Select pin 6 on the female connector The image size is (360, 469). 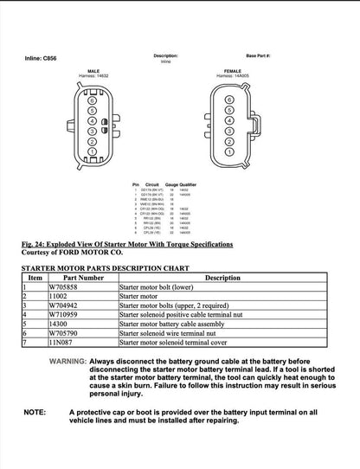[x=228, y=100]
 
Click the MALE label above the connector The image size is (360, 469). [x=93, y=71]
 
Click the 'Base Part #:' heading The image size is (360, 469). [x=258, y=55]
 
